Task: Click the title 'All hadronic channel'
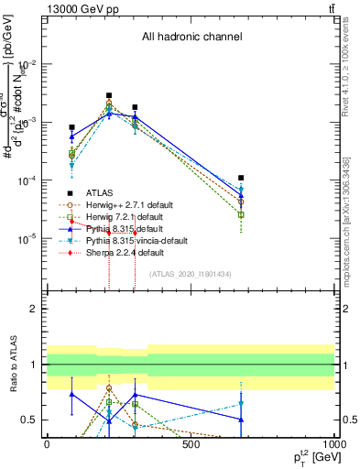191,38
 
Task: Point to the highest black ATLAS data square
109,95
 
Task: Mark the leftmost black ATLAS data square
71,127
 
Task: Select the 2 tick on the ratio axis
35,309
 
